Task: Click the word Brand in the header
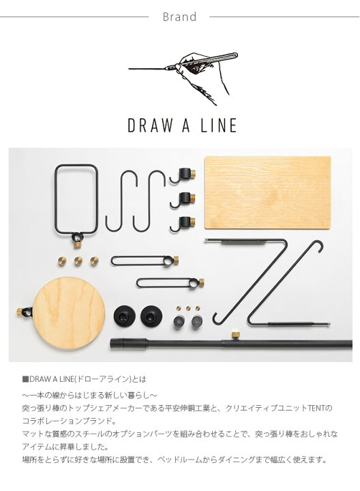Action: pyautogui.click(x=179, y=17)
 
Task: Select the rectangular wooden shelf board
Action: pyautogui.click(x=267, y=192)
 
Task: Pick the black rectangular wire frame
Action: pyautogui.click(x=76, y=198)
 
